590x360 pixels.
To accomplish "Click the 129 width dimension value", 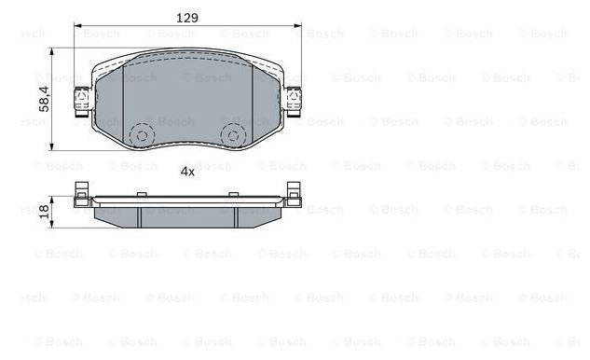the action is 187,18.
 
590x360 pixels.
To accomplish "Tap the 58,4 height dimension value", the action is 44,99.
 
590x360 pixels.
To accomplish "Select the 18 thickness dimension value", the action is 44,212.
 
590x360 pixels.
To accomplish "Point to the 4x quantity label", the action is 187,172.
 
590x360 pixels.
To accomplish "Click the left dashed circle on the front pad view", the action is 143,135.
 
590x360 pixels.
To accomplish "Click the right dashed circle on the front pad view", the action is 233,135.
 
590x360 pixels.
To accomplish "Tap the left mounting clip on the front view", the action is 82,100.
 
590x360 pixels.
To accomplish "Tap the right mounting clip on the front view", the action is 293,100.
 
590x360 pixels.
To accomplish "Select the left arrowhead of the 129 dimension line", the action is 77,25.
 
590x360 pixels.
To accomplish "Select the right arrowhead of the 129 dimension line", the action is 298,25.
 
